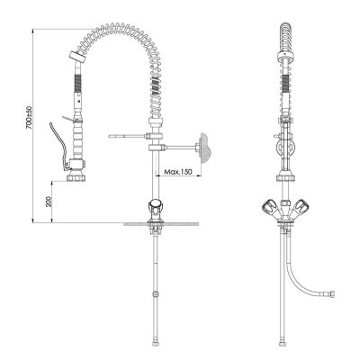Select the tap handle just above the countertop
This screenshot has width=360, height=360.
point(155,211)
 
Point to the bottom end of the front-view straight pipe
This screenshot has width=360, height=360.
point(285,343)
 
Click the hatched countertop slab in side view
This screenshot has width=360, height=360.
point(158,221)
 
